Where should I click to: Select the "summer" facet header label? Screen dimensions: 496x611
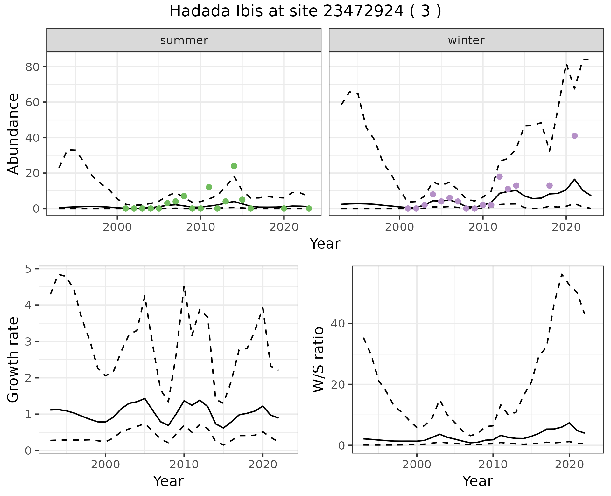[184, 40]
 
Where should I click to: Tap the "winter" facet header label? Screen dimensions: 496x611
[466, 40]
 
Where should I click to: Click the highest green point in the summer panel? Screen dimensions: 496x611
[234, 166]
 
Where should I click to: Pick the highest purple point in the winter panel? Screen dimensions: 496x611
[574, 136]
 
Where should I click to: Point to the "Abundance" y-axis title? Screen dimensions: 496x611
[13, 134]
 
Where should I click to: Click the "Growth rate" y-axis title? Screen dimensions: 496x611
[13, 360]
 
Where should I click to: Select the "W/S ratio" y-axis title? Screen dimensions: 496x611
[319, 359]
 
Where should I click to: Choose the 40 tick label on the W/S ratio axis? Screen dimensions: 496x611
[338, 324]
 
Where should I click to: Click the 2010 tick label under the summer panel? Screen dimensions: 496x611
[200, 227]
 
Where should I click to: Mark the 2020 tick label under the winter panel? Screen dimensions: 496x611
[566, 227]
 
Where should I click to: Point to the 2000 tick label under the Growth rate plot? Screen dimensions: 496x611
[105, 465]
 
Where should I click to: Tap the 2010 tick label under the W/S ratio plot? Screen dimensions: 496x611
[493, 465]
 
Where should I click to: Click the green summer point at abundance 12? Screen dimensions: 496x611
[209, 187]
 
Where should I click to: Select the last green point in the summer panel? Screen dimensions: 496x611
[309, 209]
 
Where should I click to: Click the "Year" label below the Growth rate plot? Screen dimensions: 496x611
[168, 481]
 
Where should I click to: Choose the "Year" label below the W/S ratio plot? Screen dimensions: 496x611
[477, 481]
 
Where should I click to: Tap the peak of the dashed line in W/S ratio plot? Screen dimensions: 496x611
[562, 274]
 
